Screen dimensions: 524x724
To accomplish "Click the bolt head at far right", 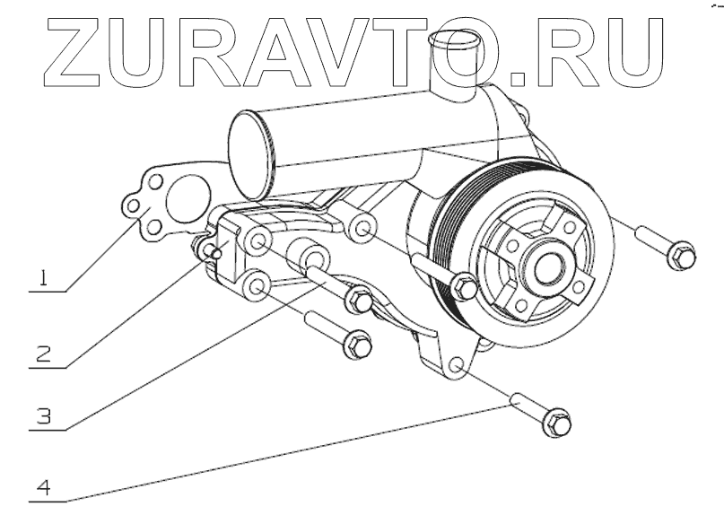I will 681,256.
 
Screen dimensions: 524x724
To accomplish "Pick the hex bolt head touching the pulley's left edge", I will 466,287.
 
